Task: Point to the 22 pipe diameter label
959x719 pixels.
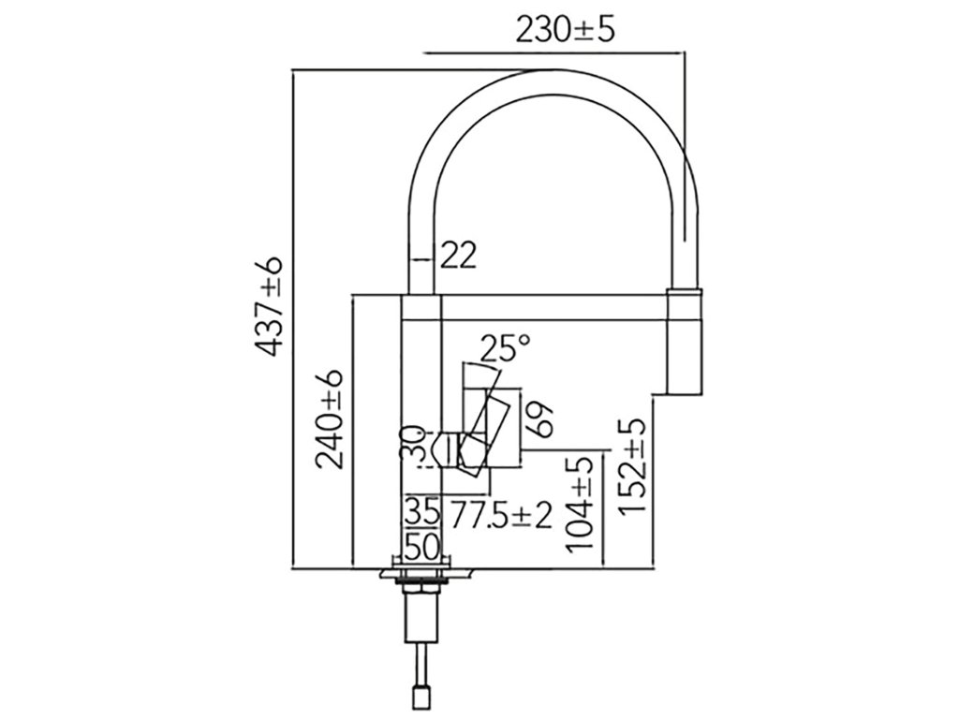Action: [x=459, y=254]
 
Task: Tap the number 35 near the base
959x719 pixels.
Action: [x=421, y=513]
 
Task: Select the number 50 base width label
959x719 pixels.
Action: [x=421, y=544]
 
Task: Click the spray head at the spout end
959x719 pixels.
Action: [x=683, y=342]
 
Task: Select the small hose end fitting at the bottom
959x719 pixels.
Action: [x=420, y=695]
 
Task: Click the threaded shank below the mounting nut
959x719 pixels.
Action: [x=420, y=618]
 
